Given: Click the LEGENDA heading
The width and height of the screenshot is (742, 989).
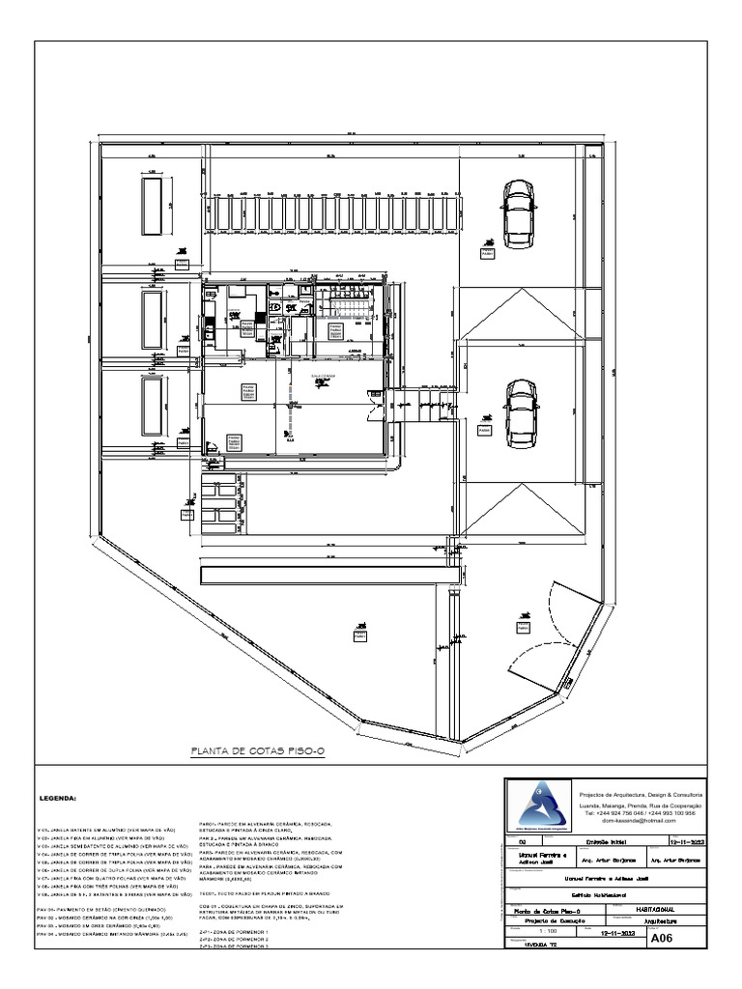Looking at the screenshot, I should [x=63, y=801].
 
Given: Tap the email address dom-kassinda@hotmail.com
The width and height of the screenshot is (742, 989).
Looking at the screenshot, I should [x=641, y=822].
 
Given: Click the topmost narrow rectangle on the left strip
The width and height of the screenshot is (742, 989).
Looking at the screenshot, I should [x=152, y=204].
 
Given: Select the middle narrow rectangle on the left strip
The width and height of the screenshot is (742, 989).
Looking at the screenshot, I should [x=152, y=320].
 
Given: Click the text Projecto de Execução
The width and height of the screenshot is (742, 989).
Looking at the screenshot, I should [x=536, y=922].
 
